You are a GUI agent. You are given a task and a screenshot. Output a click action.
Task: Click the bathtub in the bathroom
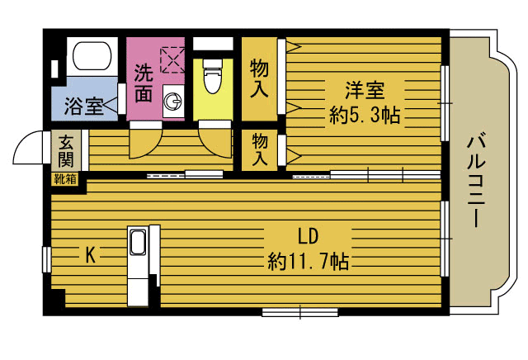tap(92, 56)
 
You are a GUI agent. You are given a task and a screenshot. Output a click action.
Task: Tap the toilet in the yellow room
tap(213, 77)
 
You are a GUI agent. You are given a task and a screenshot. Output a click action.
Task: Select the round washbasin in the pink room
tap(173, 101)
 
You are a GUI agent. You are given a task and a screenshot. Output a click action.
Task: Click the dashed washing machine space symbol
tap(172, 59)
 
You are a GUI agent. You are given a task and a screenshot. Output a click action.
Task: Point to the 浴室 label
tap(83, 106)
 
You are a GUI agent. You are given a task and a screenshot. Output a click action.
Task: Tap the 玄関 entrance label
tap(65, 151)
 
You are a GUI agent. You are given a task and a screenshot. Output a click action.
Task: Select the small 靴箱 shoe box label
tap(65, 179)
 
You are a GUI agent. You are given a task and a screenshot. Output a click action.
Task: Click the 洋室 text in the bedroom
tap(365, 90)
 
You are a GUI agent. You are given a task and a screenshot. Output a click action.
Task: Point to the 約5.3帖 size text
tap(365, 115)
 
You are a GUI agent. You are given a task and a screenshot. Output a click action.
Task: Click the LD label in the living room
tap(308, 236)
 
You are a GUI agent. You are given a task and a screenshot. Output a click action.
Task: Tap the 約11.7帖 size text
tap(308, 261)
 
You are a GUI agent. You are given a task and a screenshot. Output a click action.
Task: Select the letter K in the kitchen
tap(90, 254)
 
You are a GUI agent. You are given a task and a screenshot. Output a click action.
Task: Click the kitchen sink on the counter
tap(138, 243)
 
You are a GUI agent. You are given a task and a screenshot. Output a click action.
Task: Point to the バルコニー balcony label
tap(477, 181)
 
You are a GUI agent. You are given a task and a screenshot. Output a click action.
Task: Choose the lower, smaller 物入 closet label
tap(260, 149)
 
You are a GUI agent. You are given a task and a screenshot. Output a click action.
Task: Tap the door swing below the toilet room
tap(215, 143)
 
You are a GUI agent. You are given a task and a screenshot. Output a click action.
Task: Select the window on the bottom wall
tap(300, 312)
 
